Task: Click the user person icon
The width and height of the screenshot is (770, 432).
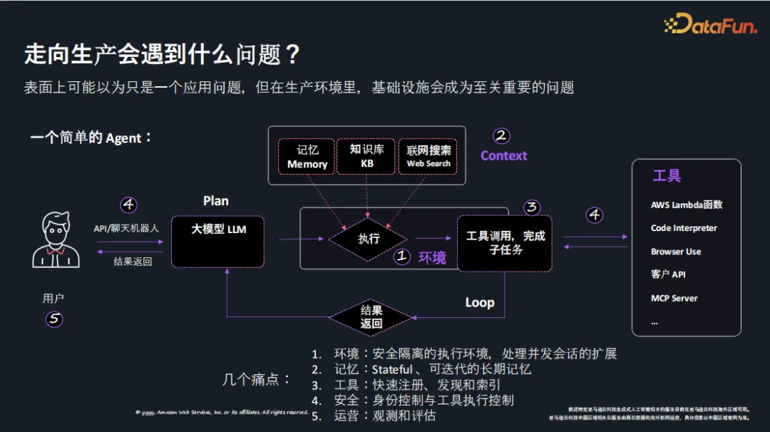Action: (55, 240)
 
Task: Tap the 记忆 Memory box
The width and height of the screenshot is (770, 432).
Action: (307, 157)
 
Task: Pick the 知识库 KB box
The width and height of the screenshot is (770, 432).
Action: (366, 157)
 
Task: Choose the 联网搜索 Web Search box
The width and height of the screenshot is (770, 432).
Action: (428, 157)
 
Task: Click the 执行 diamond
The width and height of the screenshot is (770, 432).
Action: (369, 239)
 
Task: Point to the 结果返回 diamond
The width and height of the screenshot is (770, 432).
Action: (371, 317)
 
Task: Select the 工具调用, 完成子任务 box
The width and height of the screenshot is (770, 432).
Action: (505, 242)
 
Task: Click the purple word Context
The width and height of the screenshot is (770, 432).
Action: (503, 155)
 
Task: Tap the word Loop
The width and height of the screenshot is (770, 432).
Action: (480, 302)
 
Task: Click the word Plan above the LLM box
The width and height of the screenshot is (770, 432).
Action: (215, 201)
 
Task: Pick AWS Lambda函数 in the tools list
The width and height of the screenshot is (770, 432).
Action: (686, 205)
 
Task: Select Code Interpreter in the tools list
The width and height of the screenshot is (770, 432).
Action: (684, 228)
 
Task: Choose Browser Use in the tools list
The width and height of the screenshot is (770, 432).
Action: (675, 252)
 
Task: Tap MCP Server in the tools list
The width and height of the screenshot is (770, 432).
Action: (674, 298)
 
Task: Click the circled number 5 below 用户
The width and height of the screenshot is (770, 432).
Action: (54, 319)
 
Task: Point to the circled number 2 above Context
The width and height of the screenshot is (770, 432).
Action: (502, 135)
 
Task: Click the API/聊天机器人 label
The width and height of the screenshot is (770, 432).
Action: (126, 228)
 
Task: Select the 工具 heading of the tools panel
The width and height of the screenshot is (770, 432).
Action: (666, 175)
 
